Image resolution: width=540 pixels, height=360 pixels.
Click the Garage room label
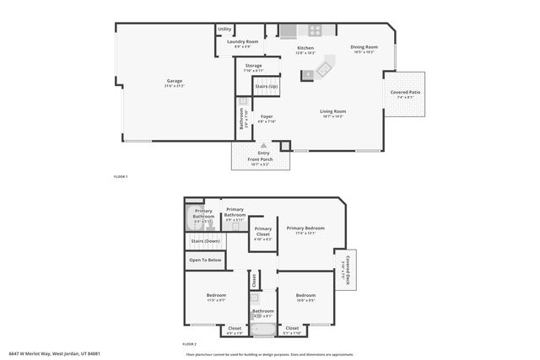coord(174,83)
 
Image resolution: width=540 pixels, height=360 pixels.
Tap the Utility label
coord(224,30)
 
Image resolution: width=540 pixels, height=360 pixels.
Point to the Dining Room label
coord(364,48)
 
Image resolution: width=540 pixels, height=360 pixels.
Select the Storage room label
coord(253,67)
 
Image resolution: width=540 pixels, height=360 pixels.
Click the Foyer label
coord(267,118)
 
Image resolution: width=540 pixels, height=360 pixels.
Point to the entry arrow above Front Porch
coord(264,146)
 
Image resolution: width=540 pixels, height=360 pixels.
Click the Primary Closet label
coord(263,233)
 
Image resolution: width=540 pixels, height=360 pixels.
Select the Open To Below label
coord(205,261)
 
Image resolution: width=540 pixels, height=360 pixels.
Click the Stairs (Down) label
coord(205,240)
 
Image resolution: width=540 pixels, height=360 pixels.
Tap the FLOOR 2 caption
coord(190,345)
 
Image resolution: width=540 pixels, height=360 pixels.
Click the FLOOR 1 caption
coord(121,176)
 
